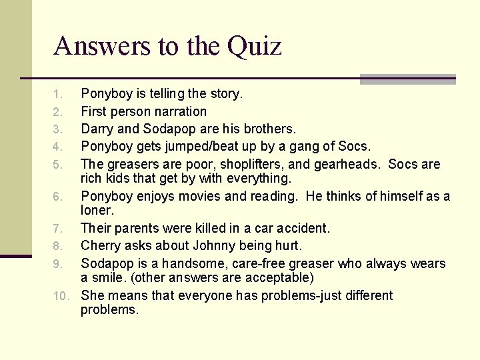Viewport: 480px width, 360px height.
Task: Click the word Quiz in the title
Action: click(255, 47)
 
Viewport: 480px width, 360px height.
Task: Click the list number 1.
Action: click(58, 94)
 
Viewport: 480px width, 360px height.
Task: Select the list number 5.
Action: click(58, 165)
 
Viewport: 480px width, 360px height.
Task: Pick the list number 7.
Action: click(58, 229)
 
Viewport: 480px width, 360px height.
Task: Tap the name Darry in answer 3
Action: click(97, 129)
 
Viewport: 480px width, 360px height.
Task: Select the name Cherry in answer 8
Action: click(101, 246)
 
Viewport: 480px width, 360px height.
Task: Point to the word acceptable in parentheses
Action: click(279, 277)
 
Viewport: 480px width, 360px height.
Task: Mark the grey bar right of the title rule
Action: click(407, 79)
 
